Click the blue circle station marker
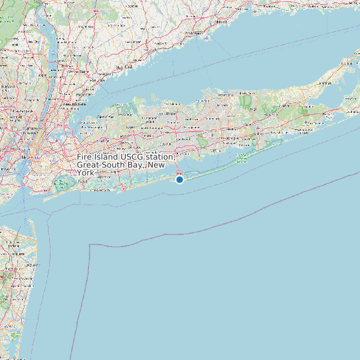click(179, 179)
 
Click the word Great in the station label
click(89, 164)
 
